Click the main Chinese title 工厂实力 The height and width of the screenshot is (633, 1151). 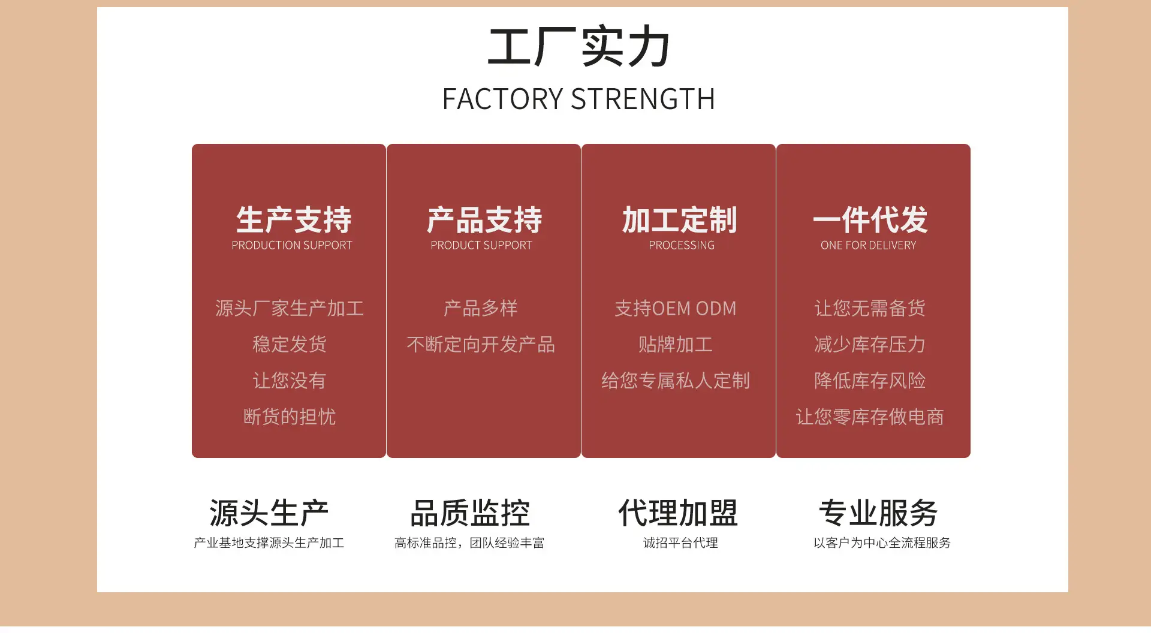[x=578, y=46]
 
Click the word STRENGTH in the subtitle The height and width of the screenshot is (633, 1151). [x=643, y=99]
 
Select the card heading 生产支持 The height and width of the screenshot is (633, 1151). [x=294, y=219]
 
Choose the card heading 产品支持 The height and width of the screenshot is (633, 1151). [x=484, y=219]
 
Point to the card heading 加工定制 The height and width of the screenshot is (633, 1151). [x=679, y=219]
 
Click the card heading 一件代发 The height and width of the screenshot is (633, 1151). [x=870, y=219]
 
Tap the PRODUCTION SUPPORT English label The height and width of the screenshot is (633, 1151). [x=292, y=245]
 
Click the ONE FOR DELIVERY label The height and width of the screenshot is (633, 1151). [x=869, y=245]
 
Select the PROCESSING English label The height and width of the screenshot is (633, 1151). [x=682, y=245]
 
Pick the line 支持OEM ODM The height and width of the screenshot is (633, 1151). [x=676, y=308]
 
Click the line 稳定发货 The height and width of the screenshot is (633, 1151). [x=290, y=344]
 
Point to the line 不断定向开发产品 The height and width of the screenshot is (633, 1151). [x=481, y=344]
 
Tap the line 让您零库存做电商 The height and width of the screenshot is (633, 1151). [x=870, y=417]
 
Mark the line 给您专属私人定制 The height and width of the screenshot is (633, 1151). [x=676, y=380]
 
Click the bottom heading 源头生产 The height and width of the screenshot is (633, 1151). [x=269, y=513]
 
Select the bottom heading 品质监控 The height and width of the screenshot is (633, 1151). [x=470, y=513]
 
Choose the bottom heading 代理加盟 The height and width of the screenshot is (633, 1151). [x=678, y=513]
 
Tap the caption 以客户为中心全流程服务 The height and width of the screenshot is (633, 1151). [x=882, y=542]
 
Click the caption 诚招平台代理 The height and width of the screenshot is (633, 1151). [x=680, y=542]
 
